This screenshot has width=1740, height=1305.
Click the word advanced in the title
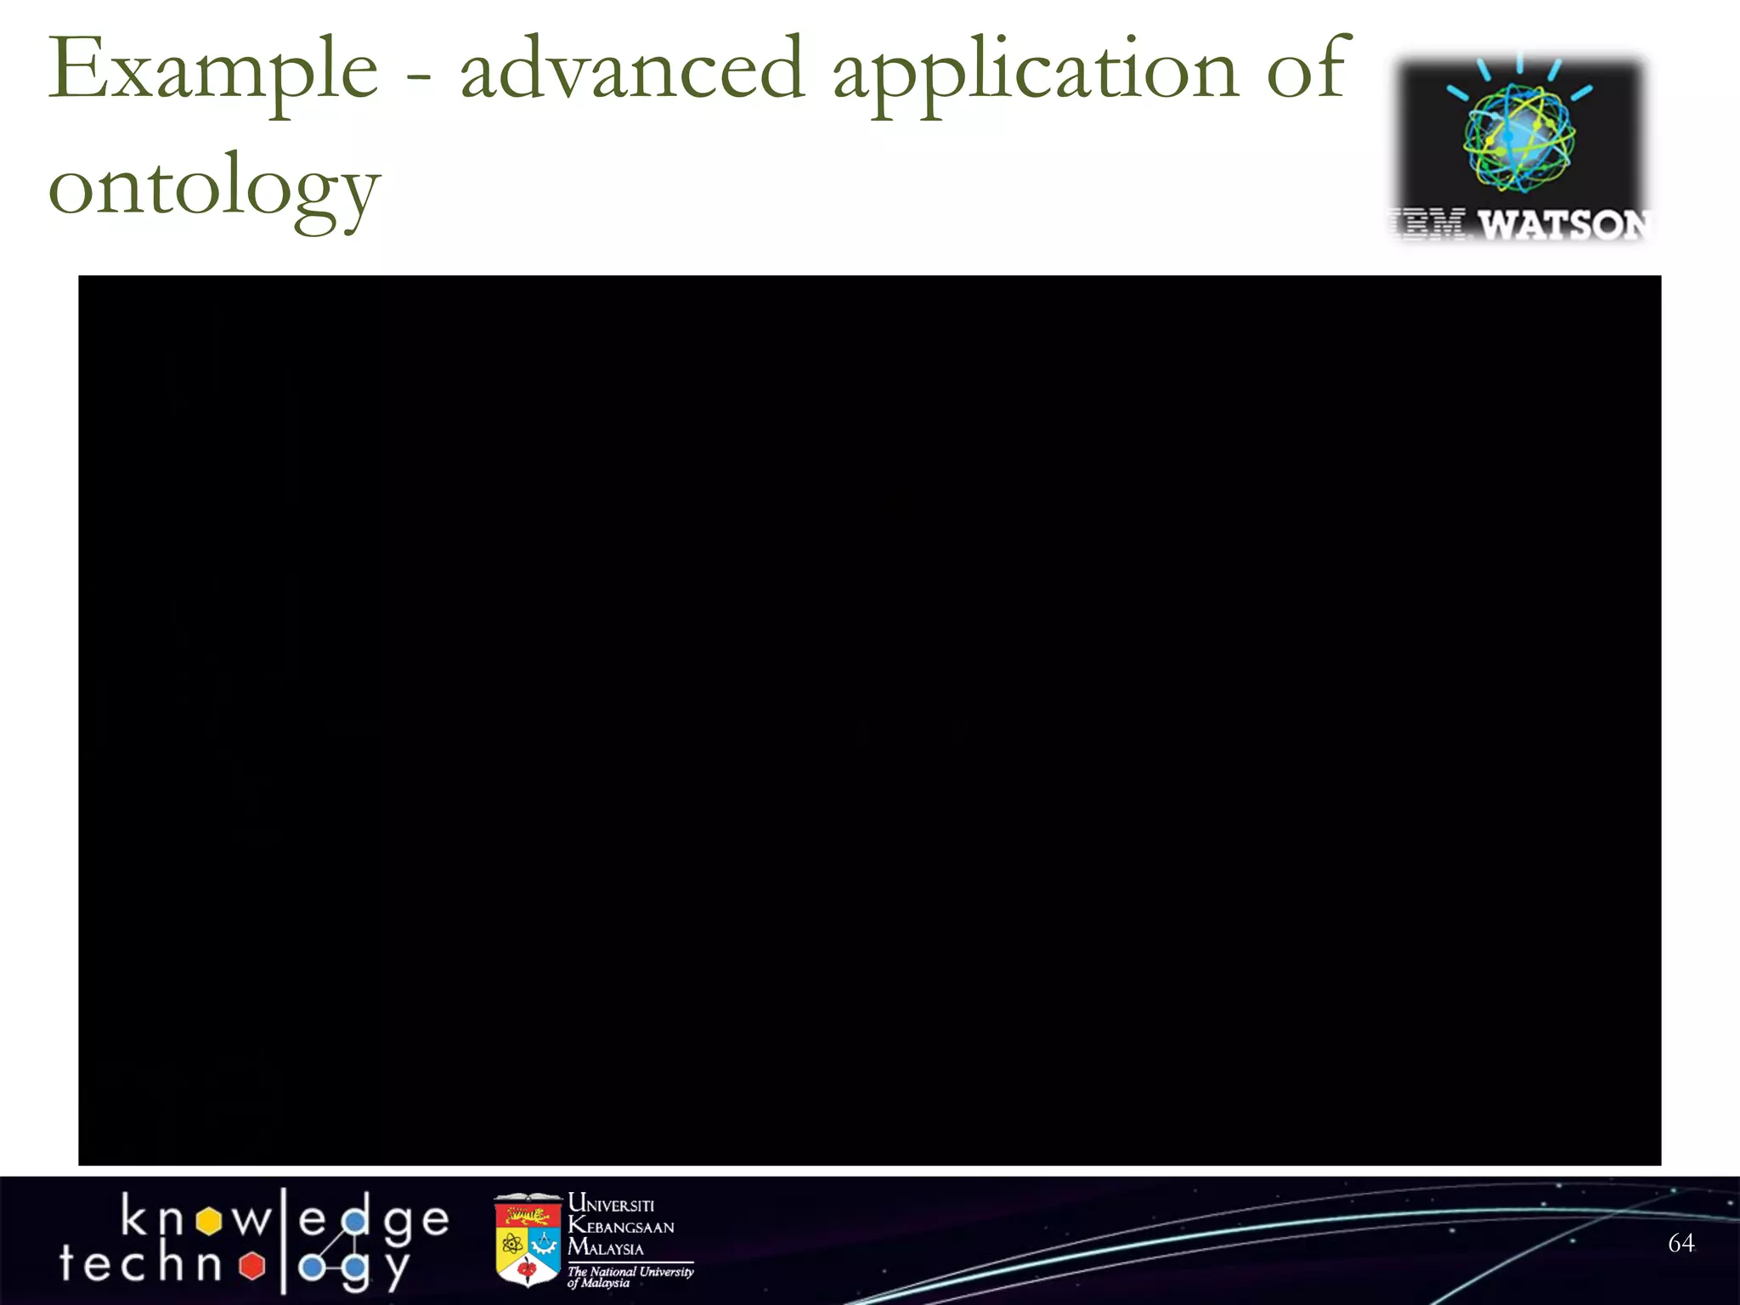coord(632,70)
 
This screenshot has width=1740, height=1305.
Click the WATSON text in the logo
coord(1563,225)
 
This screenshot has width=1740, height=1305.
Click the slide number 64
coord(1681,1243)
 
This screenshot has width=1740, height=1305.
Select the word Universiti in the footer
coord(611,1204)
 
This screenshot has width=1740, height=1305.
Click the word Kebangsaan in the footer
coord(621,1226)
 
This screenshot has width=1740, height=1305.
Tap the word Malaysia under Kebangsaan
coord(606,1248)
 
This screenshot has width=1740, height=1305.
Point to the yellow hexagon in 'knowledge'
coord(208,1222)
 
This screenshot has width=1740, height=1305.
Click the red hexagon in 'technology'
coord(251,1266)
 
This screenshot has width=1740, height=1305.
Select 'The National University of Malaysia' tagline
coord(630,1276)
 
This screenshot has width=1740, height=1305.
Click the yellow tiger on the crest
coord(528,1215)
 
